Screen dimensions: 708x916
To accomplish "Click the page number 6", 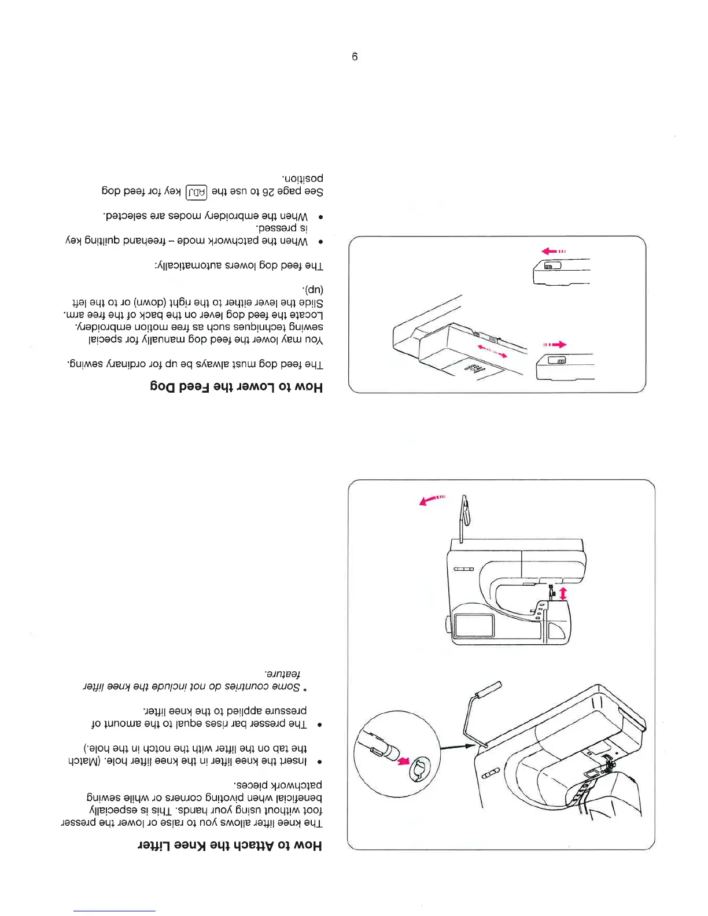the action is coord(355,57).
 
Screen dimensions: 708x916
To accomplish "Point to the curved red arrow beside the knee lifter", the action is coord(432,500).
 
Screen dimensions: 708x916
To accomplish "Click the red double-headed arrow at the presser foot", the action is coord(563,594).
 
